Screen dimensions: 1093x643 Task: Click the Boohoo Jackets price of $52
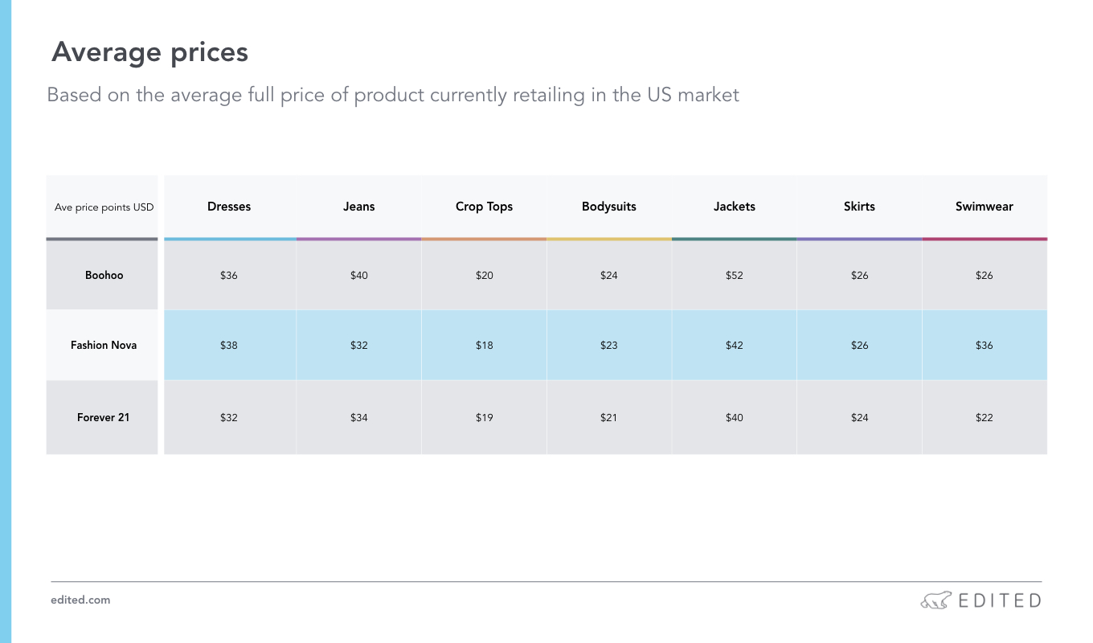point(734,276)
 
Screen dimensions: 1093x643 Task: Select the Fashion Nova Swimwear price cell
point(984,346)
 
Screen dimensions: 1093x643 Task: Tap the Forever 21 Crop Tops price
point(484,418)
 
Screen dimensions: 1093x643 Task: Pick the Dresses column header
point(229,207)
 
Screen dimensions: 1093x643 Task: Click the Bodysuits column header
point(608,207)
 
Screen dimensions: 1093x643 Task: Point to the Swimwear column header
point(984,207)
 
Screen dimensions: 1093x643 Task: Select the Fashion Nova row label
point(104,346)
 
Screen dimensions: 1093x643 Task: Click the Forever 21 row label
point(103,418)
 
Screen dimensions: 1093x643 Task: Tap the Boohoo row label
point(104,275)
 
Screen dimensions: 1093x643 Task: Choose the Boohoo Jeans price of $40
point(358,276)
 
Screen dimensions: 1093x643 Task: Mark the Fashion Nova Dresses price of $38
point(228,346)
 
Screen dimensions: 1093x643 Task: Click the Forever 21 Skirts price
point(859,418)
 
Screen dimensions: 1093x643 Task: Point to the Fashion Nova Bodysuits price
point(608,346)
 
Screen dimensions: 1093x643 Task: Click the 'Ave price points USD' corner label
point(104,207)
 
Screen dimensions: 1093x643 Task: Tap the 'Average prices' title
point(149,52)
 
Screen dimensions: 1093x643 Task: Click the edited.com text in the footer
point(80,600)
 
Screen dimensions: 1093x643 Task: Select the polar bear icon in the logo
point(935,600)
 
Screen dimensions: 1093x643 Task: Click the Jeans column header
point(358,207)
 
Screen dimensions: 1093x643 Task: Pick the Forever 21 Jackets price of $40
point(734,418)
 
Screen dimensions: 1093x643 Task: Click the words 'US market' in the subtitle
point(693,95)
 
